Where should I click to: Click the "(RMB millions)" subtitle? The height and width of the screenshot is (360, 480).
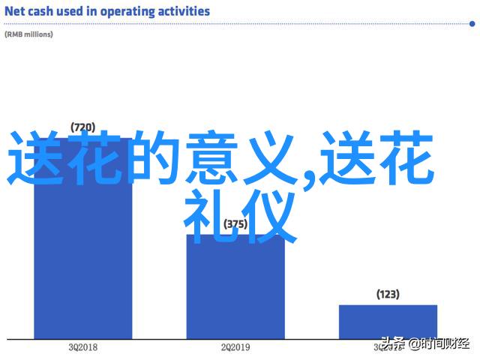coord(28,34)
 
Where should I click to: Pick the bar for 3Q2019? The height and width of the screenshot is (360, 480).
coord(388,320)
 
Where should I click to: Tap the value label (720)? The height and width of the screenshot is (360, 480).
coord(82,126)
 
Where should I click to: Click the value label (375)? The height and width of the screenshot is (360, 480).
coord(235,223)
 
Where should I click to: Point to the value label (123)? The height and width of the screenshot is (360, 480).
coord(388,294)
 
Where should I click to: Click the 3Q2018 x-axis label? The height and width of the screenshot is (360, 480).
coord(82,347)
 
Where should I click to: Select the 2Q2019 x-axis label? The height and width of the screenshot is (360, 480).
coord(235,347)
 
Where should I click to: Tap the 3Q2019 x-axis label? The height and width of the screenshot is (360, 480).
coord(388,347)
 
